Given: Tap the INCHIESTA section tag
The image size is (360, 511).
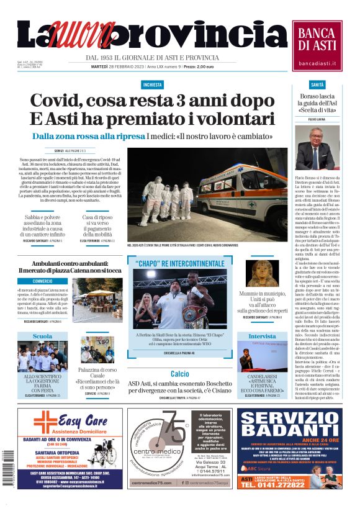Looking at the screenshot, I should pyautogui.click(x=152, y=84).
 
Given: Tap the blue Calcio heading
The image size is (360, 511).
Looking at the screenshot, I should pyautogui.click(x=180, y=374).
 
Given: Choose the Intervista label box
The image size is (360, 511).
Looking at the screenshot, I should pyautogui.click(x=262, y=337).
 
